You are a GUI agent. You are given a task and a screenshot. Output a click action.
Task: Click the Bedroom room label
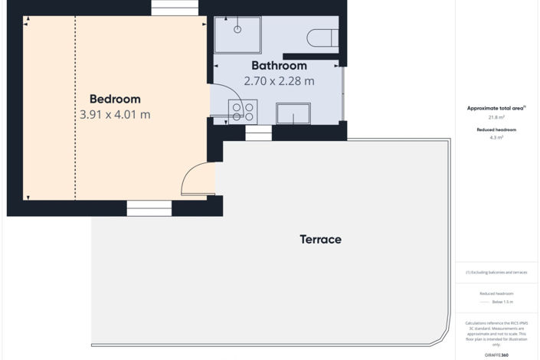click(x=115, y=99)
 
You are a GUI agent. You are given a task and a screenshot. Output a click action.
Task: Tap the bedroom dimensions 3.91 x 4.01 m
click(x=115, y=115)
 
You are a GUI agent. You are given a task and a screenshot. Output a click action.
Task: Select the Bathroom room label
click(x=279, y=66)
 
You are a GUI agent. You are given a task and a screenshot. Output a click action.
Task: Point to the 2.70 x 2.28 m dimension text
click(x=279, y=80)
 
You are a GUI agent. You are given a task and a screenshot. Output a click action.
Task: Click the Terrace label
click(x=320, y=240)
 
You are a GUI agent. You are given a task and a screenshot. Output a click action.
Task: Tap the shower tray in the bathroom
click(x=237, y=34)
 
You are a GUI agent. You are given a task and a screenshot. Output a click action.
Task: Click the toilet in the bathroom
click(x=322, y=37)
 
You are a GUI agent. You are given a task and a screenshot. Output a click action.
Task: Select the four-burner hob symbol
click(x=243, y=110)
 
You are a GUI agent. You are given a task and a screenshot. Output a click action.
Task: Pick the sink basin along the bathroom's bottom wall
click(x=293, y=114)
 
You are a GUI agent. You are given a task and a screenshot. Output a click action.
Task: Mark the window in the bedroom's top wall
click(x=174, y=7)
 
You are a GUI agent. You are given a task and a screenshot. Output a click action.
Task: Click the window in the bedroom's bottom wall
click(x=149, y=208)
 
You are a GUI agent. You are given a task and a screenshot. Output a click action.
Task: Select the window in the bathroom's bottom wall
click(x=258, y=133)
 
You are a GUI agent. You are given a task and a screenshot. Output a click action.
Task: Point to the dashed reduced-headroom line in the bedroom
click(x=75, y=107)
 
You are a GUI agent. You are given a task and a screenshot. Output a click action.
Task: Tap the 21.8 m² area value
click(x=496, y=117)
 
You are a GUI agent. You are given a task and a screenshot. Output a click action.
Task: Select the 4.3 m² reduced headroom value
click(x=496, y=138)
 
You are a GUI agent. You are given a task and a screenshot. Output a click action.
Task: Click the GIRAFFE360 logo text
click(x=496, y=355)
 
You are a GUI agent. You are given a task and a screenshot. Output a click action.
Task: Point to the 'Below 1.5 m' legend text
click(x=502, y=302)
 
